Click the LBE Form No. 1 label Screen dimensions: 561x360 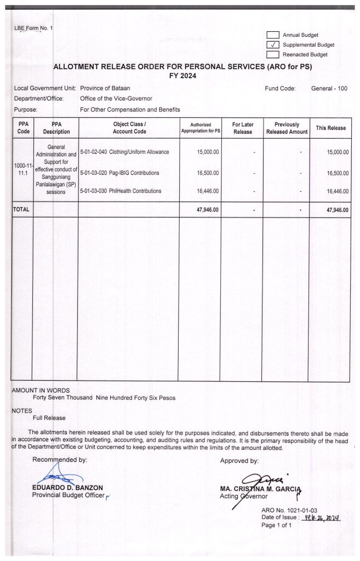[x=33, y=28]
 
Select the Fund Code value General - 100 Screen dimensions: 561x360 [x=329, y=88]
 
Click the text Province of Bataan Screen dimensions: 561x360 [x=105, y=88]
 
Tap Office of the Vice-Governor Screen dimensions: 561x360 [x=116, y=99]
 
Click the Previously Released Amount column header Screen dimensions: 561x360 [x=287, y=128]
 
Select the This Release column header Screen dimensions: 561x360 [x=330, y=128]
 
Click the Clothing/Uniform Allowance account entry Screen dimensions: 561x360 [x=124, y=152]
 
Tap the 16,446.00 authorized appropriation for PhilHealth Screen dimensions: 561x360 [x=208, y=191]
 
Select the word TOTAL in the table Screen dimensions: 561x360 [x=21, y=209]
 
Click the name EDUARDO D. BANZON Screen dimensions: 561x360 [x=68, y=488]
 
